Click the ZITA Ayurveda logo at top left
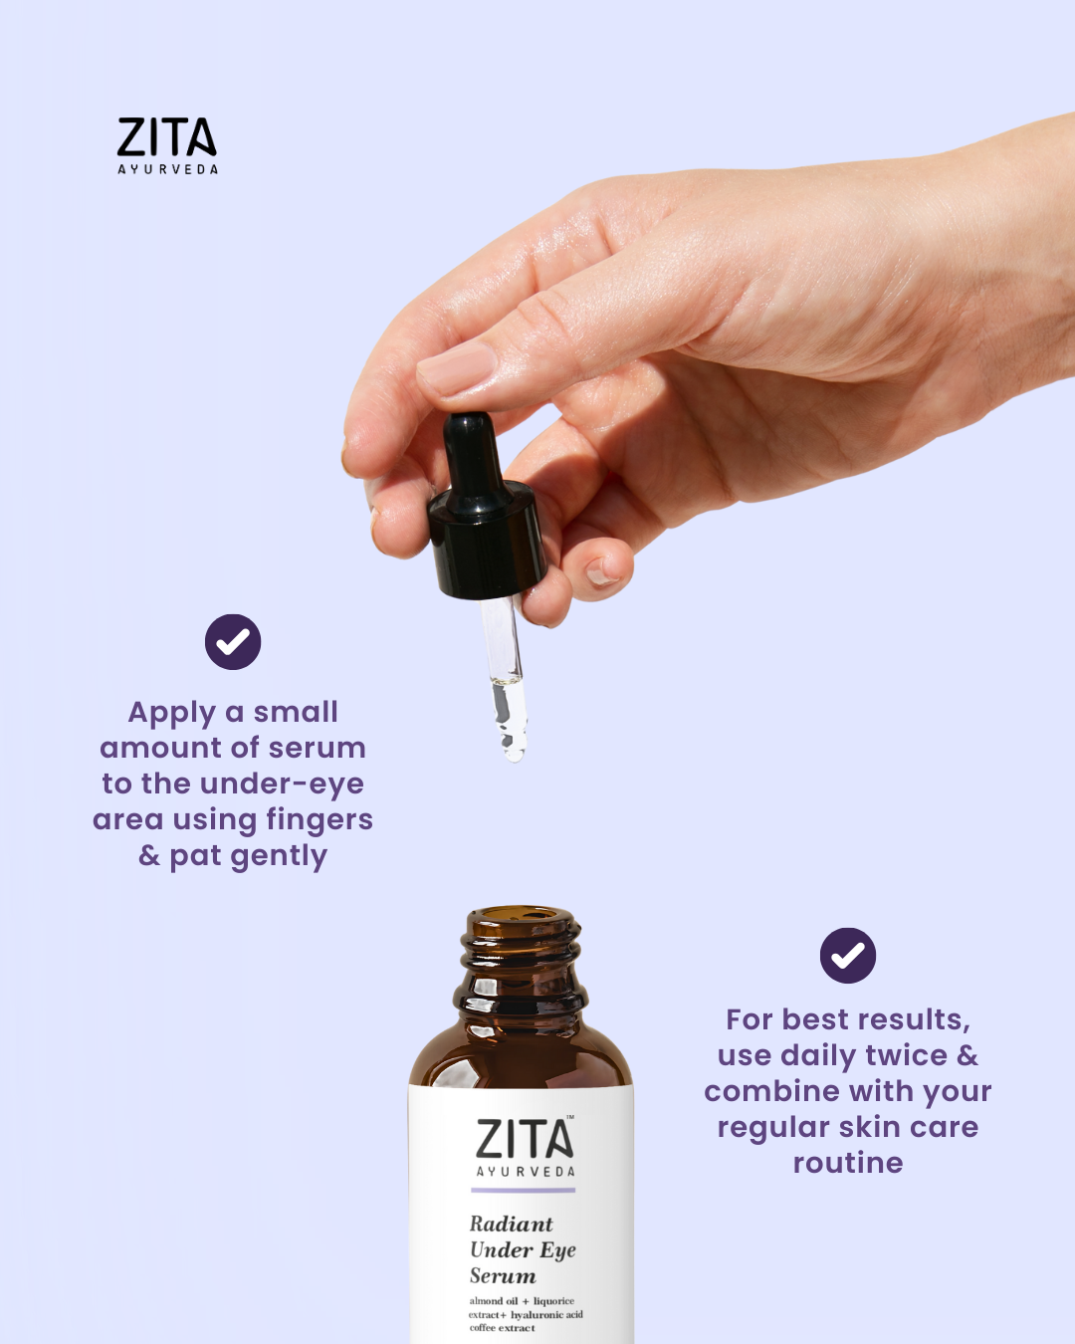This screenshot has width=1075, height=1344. point(167,146)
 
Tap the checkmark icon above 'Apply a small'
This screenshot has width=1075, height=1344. point(233,641)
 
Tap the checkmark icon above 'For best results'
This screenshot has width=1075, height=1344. point(848,956)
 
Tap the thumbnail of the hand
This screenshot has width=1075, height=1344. point(457,367)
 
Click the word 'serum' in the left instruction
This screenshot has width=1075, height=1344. point(318,748)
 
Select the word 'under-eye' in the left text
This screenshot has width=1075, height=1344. point(281,784)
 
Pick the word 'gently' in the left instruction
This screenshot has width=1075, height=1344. point(279,856)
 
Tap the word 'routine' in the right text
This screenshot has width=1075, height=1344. point(848,1163)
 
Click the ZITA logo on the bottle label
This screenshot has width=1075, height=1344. point(525,1139)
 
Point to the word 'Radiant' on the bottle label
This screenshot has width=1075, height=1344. point(511,1224)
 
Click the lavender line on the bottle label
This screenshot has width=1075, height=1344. point(523,1191)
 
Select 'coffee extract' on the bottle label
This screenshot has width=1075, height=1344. point(503,1328)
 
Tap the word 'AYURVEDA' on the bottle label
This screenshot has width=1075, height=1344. point(526,1172)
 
